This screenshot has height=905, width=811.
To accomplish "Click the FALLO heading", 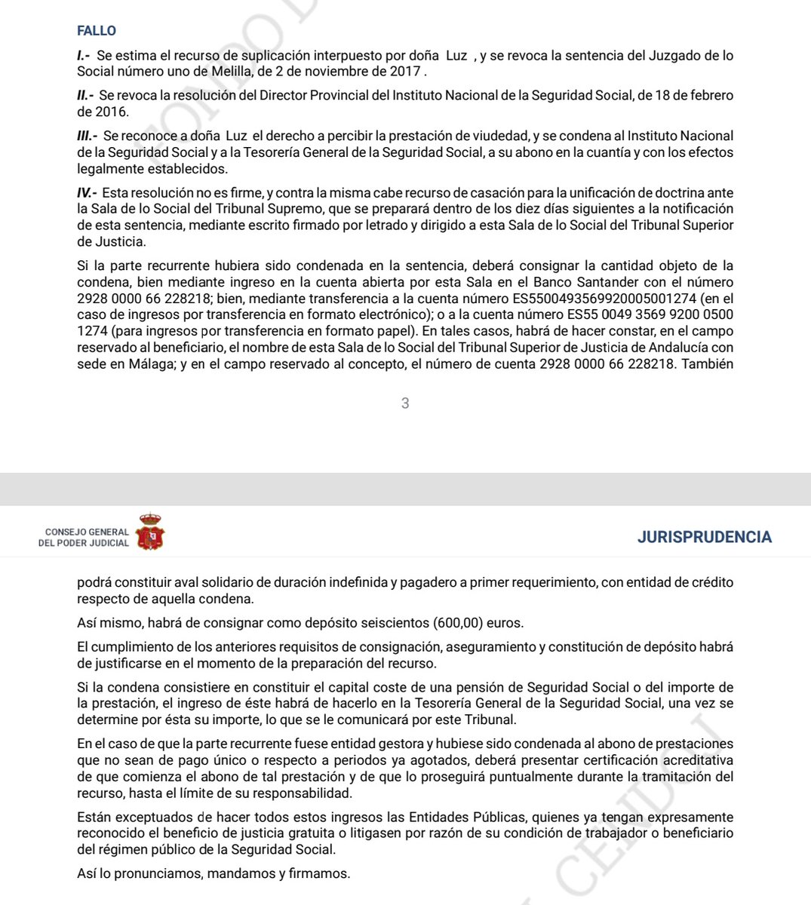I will tap(97, 31).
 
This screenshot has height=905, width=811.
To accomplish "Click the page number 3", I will tap(405, 403).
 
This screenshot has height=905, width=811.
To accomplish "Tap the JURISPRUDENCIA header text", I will tap(704, 537).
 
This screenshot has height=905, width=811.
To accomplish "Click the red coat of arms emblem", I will tap(152, 532).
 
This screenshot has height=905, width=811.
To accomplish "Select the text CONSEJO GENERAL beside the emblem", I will tap(87, 532).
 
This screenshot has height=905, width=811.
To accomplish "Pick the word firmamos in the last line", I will tap(320, 873).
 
